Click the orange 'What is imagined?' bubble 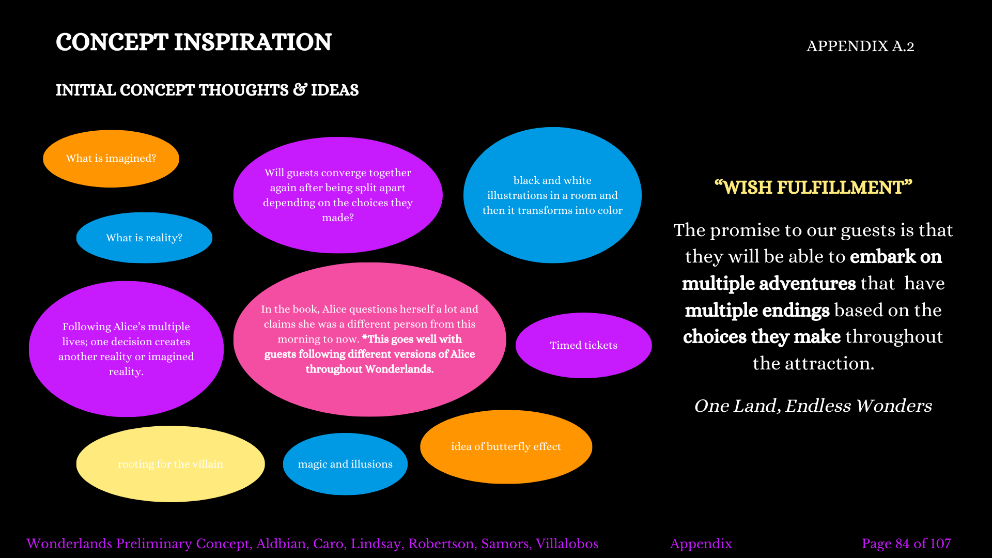click(x=111, y=159)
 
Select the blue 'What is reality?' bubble click(x=144, y=238)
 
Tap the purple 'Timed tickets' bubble click(x=583, y=345)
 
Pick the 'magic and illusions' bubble click(x=345, y=464)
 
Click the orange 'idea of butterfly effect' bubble click(x=506, y=446)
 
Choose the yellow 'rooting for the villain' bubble click(x=171, y=464)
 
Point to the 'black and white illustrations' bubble click(x=552, y=195)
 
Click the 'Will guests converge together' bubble click(x=338, y=195)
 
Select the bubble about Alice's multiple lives click(x=126, y=349)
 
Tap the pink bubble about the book click(x=369, y=339)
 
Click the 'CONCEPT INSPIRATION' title click(x=193, y=42)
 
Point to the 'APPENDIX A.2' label click(x=860, y=47)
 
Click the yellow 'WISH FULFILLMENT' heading click(x=813, y=188)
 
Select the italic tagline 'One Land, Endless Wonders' click(x=813, y=406)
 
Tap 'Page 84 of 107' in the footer click(x=906, y=544)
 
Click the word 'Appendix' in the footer click(x=701, y=544)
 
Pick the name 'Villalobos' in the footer click(x=567, y=544)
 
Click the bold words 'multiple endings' click(x=757, y=310)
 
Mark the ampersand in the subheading click(x=300, y=90)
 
